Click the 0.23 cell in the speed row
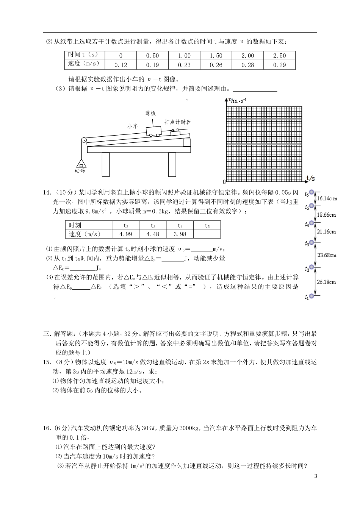(x=184, y=65)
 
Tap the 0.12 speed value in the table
(x=121, y=65)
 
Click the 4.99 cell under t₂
(x=125, y=234)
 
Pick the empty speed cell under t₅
(x=207, y=234)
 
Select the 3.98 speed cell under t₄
(x=180, y=234)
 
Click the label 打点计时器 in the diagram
(x=178, y=122)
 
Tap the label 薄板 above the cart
(x=150, y=113)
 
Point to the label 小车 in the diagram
(x=133, y=126)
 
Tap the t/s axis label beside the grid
(x=311, y=177)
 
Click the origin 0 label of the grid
(x=224, y=182)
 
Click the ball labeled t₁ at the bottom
(x=312, y=296)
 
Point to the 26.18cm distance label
(x=326, y=282)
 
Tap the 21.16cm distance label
(x=326, y=231)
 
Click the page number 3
(x=315, y=476)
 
